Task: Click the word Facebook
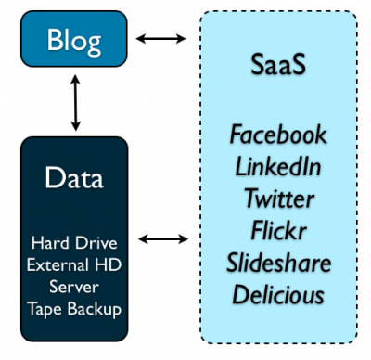tap(277, 135)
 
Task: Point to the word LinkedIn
tap(277, 167)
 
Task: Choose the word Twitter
tap(277, 199)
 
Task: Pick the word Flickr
tap(277, 230)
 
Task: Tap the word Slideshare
tap(277, 263)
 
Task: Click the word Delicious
tap(277, 295)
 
